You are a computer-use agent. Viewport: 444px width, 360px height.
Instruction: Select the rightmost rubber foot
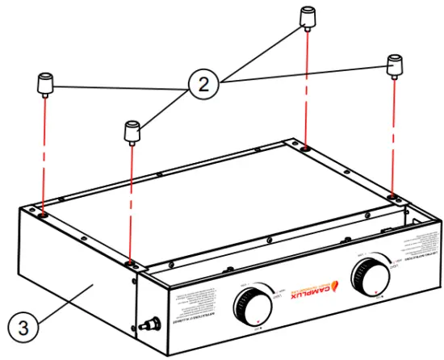[x=395, y=65]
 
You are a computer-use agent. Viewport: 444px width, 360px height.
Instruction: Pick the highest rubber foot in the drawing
[x=308, y=17]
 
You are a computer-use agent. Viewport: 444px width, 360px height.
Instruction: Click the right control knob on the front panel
[x=370, y=279]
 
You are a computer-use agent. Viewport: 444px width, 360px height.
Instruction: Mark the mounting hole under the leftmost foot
[x=41, y=214]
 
